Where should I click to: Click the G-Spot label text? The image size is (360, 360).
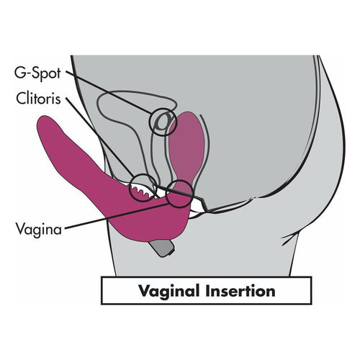coord(37,73)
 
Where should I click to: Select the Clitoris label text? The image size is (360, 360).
coord(38,98)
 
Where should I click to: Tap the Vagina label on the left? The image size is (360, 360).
coord(39,230)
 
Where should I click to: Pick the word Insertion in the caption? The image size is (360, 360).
coord(240,290)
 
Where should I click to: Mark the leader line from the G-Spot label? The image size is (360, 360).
coord(109,93)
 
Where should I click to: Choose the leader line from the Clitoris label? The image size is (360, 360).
coord(99,138)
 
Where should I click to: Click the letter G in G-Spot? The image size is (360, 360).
coord(19,73)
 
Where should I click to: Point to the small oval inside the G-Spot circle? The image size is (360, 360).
coord(162,122)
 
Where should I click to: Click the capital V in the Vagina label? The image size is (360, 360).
coord(21,229)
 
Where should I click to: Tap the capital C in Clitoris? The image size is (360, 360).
coord(22,98)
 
